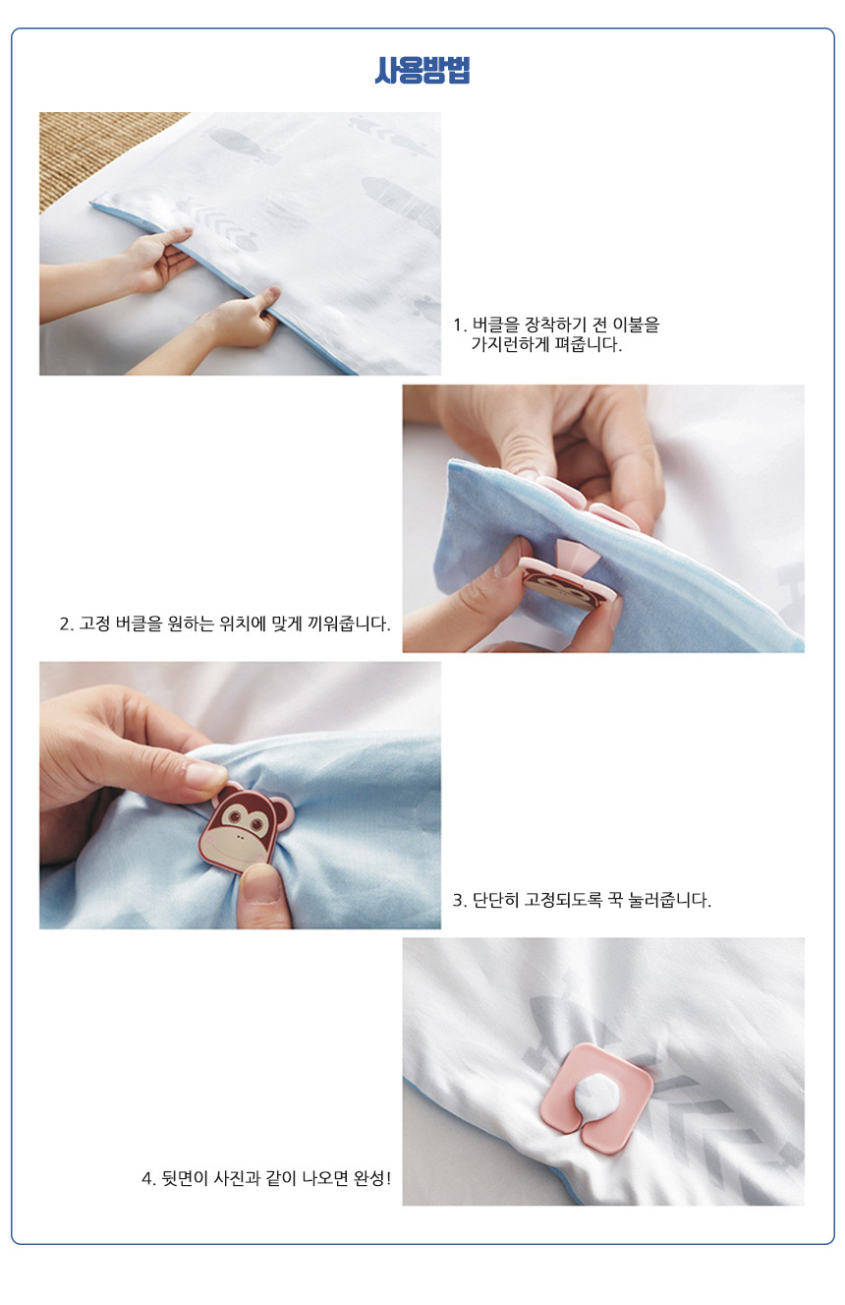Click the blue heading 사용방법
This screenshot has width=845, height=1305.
pyautogui.click(x=422, y=70)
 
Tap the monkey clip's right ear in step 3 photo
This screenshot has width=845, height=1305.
pyautogui.click(x=283, y=811)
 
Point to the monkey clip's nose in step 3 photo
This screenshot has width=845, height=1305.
pyautogui.click(x=241, y=837)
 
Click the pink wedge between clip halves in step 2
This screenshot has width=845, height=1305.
pyautogui.click(x=575, y=556)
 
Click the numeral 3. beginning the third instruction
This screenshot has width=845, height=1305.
pyautogui.click(x=460, y=901)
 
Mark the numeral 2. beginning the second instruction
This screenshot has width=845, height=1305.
pyautogui.click(x=67, y=624)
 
